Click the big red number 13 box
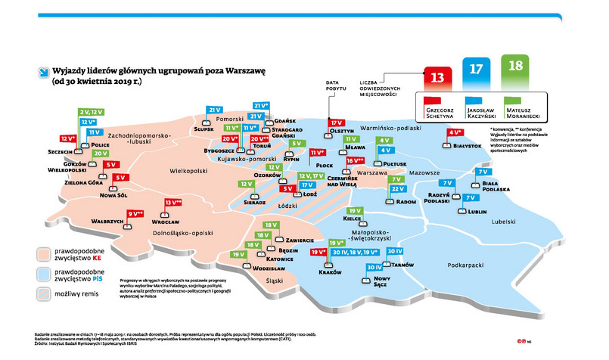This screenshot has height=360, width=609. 437,76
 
